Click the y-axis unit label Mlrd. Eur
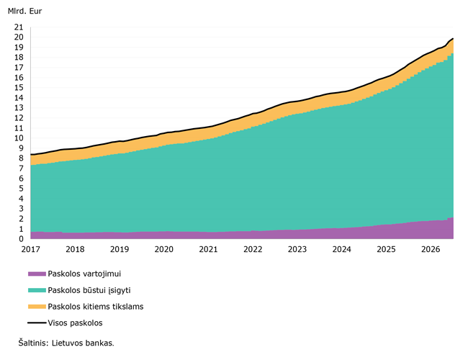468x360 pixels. pos(24,11)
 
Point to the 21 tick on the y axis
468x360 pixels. pos(19,27)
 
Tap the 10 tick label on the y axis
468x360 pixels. pos(19,138)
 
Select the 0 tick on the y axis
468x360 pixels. pos(21,239)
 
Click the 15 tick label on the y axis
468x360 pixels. pos(19,87)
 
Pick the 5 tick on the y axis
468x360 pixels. pos(21,189)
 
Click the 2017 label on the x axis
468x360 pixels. pos(30,249)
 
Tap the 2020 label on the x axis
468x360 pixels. pos(164,249)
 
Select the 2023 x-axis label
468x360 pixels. pos(297,249)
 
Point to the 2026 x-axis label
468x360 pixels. pos(431,249)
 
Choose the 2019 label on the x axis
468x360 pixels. pos(120,249)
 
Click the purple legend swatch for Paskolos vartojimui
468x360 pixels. pos(37,274)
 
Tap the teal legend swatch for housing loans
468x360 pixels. pos(37,290)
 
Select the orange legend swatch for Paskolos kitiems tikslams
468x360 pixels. pos(37,307)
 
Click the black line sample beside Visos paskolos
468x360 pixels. pos(37,323)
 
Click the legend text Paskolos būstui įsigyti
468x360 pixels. pos(89,290)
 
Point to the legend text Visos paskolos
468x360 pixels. pos(75,323)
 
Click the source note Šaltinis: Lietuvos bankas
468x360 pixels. pos(66,343)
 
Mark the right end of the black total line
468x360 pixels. pos(453,38)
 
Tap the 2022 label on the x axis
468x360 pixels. pos(253,249)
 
